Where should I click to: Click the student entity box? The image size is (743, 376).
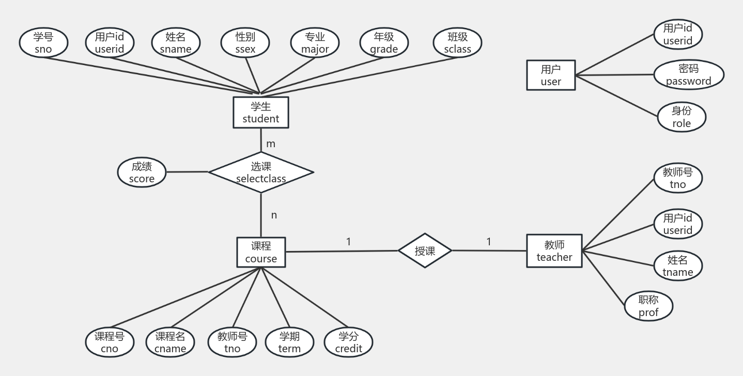tap(260, 112)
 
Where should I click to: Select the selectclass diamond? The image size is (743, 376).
tap(261, 173)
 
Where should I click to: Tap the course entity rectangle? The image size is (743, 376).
tap(261, 252)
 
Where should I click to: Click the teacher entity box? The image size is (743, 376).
tap(554, 250)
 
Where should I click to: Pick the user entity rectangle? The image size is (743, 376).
tap(551, 75)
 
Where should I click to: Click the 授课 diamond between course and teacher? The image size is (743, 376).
tap(425, 250)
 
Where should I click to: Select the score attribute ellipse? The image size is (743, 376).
tap(142, 173)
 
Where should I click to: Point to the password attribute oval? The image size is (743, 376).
tap(688, 75)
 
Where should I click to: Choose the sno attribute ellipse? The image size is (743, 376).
tap(43, 43)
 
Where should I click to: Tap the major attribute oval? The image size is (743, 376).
tap(315, 43)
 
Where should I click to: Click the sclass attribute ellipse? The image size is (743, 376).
tap(457, 43)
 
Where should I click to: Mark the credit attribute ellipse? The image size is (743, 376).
tap(348, 342)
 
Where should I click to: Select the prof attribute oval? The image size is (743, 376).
tap(648, 306)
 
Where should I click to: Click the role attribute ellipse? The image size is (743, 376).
tap(682, 117)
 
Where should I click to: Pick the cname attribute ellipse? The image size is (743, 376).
tap(170, 342)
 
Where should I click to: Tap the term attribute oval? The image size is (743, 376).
tap(289, 342)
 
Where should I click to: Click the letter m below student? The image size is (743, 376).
tap(271, 144)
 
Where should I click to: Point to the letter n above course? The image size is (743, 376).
tap(274, 215)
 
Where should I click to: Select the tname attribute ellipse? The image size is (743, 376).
tap(677, 265)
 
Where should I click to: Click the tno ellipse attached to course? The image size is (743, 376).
tap(232, 342)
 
